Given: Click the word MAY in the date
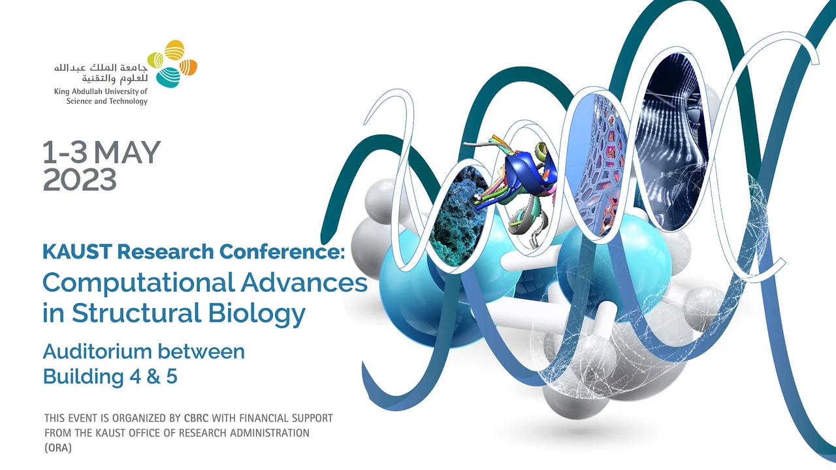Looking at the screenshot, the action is click(127, 152).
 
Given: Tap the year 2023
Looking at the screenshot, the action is click(80, 180).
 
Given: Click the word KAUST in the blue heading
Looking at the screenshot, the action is click(77, 251).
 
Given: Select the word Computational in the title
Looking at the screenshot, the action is click(139, 283).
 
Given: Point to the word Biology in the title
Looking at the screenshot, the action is click(257, 314).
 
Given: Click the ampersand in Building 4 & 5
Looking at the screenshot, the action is click(153, 377).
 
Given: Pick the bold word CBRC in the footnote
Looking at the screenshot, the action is click(197, 418).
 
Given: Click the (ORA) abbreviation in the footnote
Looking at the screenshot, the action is click(58, 447).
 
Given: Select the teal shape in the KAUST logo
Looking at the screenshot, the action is click(168, 77).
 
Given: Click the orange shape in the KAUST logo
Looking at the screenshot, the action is click(188, 67).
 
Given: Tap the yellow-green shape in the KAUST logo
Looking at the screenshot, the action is click(155, 60).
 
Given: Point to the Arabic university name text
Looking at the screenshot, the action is click(101, 73).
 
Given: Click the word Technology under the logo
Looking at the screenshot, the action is click(128, 101).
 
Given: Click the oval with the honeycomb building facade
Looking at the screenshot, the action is click(598, 164).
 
